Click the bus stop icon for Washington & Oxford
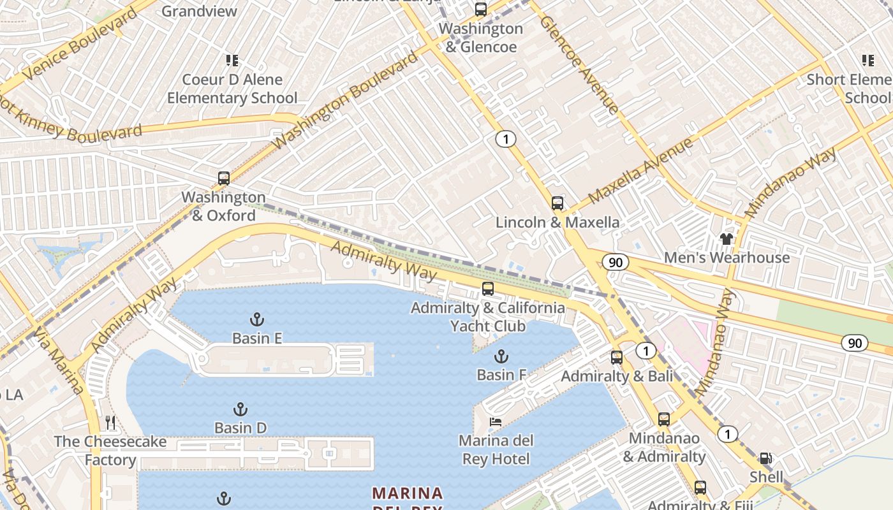coord(223,178)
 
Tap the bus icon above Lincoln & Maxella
coord(557,203)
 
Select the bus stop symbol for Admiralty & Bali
coord(616,358)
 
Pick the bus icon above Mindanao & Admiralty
coord(663,419)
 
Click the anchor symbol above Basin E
coord(256,319)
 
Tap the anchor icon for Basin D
coord(240,409)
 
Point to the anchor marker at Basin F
coord(501,356)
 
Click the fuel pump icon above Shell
coord(765,458)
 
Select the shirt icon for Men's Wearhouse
coord(726,239)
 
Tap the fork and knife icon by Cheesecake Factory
coord(110,422)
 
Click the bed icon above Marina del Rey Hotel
coord(495,422)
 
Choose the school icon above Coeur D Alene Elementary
coord(232,61)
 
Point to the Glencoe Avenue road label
coord(579,64)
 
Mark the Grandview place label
coord(199,11)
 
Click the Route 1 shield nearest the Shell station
coord(727,435)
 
